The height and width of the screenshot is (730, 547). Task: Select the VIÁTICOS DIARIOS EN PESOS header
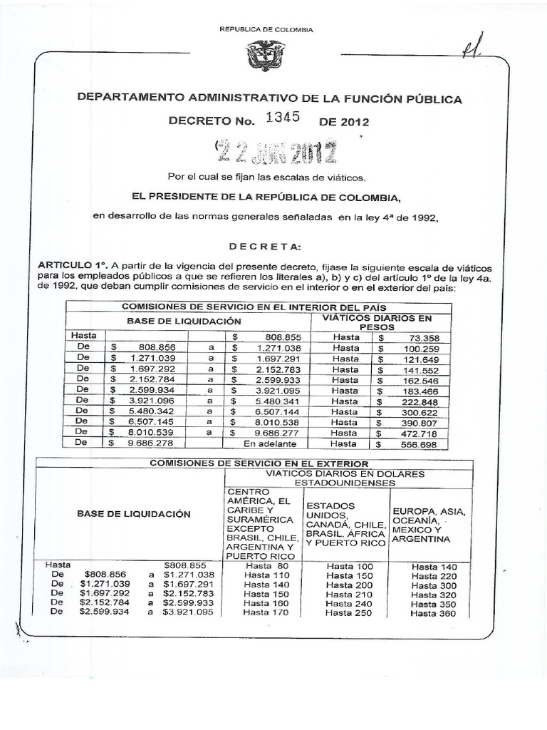tap(387, 322)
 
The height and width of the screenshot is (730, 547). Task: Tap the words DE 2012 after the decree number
tap(345, 121)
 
